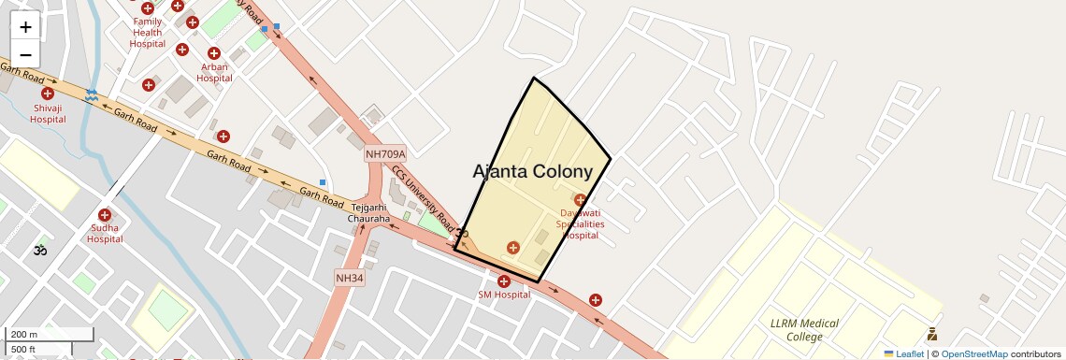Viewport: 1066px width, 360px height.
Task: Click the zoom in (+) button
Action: pyautogui.click(x=25, y=27)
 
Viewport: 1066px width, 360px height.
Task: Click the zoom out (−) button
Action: pyautogui.click(x=25, y=54)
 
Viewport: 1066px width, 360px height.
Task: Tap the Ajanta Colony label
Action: pyautogui.click(x=533, y=172)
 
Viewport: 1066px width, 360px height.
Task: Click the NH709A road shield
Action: pyautogui.click(x=385, y=154)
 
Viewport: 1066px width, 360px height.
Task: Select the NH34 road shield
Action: pyautogui.click(x=350, y=278)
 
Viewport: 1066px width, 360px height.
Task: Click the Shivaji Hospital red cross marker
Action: pyautogui.click(x=47, y=94)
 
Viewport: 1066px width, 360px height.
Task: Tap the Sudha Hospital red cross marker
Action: pyautogui.click(x=104, y=215)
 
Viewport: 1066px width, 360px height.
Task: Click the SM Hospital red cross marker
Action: pyautogui.click(x=504, y=281)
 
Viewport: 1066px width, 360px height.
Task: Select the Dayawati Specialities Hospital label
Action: pyautogui.click(x=580, y=224)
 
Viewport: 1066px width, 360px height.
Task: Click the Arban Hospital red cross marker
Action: pyautogui.click(x=214, y=53)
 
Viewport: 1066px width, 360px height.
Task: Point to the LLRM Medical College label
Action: pyautogui.click(x=803, y=330)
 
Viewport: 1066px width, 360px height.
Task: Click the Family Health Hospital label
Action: pyautogui.click(x=147, y=33)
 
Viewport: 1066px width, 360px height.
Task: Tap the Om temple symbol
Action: pyautogui.click(x=39, y=250)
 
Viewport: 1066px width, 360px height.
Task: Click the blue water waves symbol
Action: pyautogui.click(x=92, y=95)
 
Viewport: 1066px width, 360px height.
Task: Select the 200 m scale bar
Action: pyautogui.click(x=51, y=335)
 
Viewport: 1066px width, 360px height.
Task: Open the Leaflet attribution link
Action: pyautogui.click(x=904, y=353)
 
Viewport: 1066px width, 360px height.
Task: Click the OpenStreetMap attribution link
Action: pyautogui.click(x=973, y=353)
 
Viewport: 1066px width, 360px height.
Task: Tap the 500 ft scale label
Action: pyautogui.click(x=24, y=349)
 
